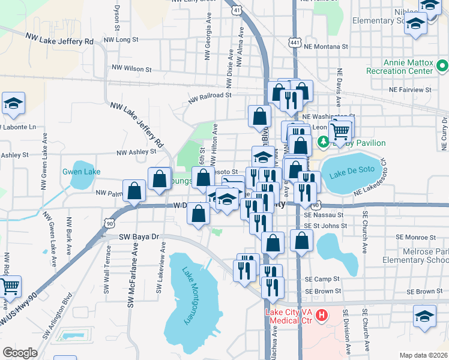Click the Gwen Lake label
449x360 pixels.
pos(82,172)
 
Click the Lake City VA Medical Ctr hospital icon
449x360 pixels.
pos(322,314)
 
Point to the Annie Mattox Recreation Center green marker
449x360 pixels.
pos(443,65)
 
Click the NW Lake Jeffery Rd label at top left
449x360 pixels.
pos(59,39)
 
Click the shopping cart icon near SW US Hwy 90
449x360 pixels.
pos(11,287)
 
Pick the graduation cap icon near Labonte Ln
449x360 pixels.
pos(13,103)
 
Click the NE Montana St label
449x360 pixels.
pos(326,46)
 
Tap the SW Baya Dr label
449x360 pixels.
pos(137,237)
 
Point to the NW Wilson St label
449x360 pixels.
pos(131,69)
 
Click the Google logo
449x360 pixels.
pos(20,352)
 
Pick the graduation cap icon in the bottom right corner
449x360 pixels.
pos(424,316)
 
